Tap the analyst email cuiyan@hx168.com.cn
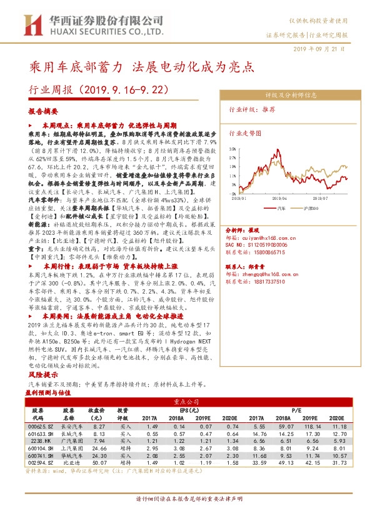[272, 237]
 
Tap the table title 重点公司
[186, 402]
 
